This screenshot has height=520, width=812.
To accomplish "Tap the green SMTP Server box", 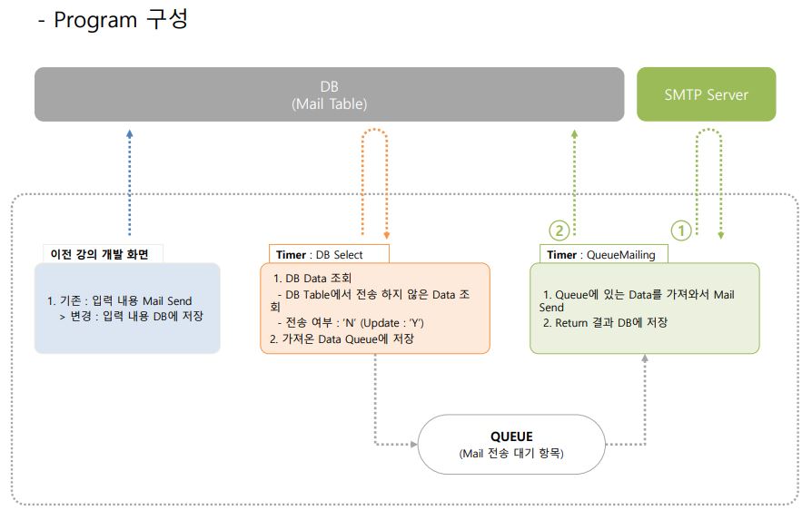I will tap(706, 94).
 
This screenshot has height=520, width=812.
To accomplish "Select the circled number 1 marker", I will tap(681, 230).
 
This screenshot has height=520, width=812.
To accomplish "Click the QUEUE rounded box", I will tap(511, 444).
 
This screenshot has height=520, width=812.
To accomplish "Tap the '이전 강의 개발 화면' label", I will tap(100, 253).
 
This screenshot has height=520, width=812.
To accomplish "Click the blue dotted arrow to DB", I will tap(129, 182).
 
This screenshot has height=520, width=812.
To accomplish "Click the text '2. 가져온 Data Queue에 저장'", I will tap(342, 338).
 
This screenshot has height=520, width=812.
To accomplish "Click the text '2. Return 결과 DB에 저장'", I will tap(605, 322).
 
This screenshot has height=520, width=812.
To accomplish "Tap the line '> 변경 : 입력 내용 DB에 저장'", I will tap(130, 316).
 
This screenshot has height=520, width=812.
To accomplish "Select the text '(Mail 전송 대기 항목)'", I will tap(511, 454).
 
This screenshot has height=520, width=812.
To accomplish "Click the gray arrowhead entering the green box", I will tap(645, 359).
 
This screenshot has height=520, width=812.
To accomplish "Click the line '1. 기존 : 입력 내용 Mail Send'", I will tap(120, 301).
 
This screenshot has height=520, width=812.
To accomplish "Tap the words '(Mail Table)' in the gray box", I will tap(329, 103).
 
